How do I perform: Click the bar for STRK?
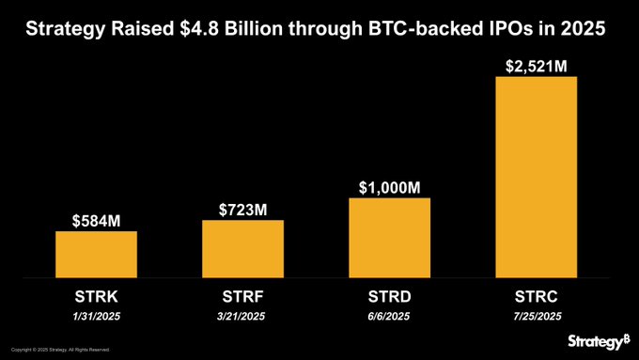pyautogui.click(x=97, y=255)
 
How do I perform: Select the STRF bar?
pyautogui.click(x=242, y=249)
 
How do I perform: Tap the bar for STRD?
pyautogui.click(x=389, y=238)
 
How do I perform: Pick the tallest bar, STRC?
pyautogui.click(x=536, y=178)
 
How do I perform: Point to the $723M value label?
pyautogui.click(x=243, y=209)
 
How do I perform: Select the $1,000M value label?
pyautogui.click(x=389, y=187)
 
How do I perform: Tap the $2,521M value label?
pyautogui.click(x=536, y=66)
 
